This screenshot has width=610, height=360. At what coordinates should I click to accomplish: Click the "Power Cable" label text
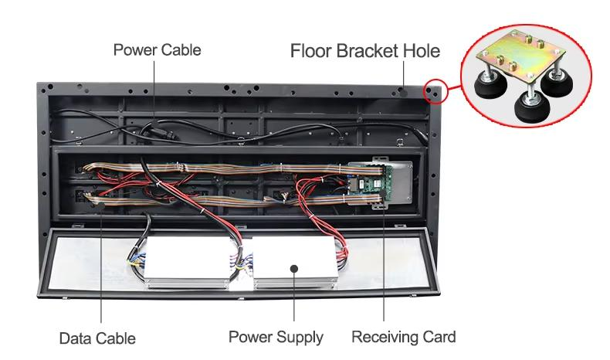(157, 50)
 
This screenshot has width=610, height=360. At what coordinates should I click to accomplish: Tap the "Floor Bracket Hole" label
(364, 52)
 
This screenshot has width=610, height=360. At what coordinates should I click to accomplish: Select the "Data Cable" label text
(97, 338)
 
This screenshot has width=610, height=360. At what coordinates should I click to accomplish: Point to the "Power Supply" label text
(276, 338)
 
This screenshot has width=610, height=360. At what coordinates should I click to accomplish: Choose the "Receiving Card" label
(403, 337)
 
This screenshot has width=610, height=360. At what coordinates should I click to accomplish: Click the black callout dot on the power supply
(294, 268)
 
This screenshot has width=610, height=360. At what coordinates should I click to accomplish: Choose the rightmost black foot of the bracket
(557, 88)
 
